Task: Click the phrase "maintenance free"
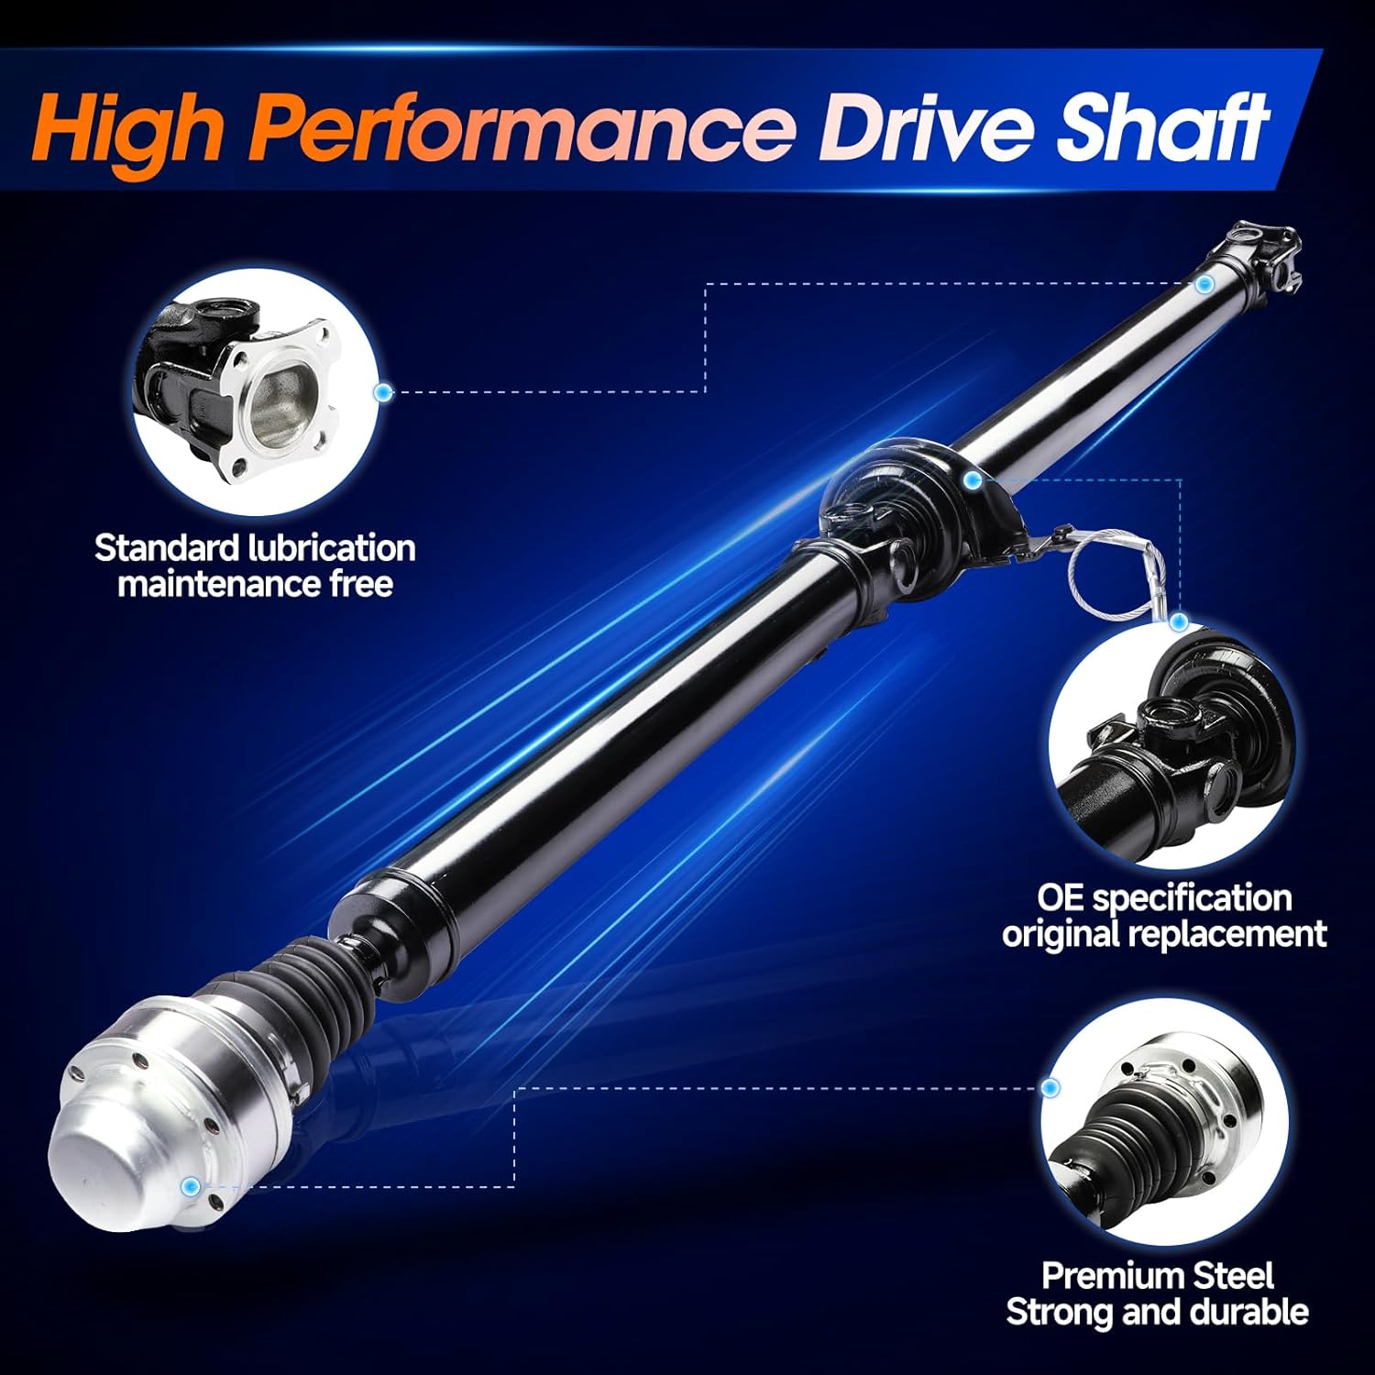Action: [255, 584]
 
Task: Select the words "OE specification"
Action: [1164, 897]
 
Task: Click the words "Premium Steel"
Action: [1157, 1276]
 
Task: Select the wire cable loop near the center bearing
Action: [1114, 573]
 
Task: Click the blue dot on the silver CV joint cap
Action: [192, 1187]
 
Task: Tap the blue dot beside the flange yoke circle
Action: [384, 392]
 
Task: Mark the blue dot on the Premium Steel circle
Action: [1050, 1087]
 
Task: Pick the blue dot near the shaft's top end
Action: [1204, 284]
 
